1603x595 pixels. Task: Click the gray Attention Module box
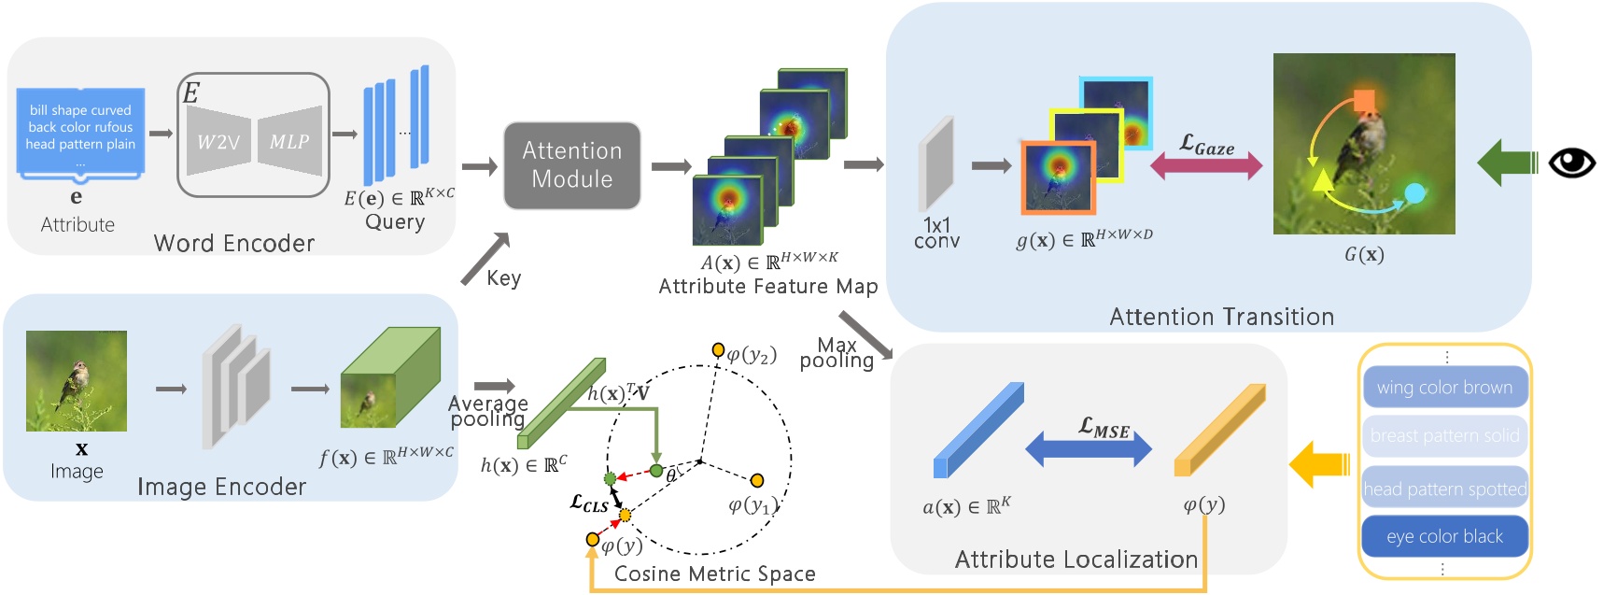(x=571, y=165)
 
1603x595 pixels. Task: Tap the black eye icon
(x=1572, y=163)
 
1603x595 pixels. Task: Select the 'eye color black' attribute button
(x=1444, y=536)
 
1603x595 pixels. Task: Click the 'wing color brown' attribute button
(x=1444, y=388)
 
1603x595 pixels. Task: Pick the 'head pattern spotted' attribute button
(x=1444, y=489)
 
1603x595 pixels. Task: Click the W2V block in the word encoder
(x=218, y=141)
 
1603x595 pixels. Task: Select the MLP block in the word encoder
(x=289, y=141)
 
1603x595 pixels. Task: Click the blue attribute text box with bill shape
(x=80, y=132)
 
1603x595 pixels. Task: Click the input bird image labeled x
(x=77, y=380)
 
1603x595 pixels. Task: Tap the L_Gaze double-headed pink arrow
(x=1205, y=166)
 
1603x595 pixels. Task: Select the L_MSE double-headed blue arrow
(x=1088, y=449)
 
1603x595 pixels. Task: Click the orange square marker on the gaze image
(x=1364, y=101)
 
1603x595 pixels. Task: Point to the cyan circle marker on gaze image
(x=1414, y=193)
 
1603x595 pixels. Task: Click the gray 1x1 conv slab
(x=935, y=164)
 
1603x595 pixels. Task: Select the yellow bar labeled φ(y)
(x=1218, y=430)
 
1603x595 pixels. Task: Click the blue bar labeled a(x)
(x=977, y=430)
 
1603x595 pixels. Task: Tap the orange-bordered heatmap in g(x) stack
(x=1058, y=177)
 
